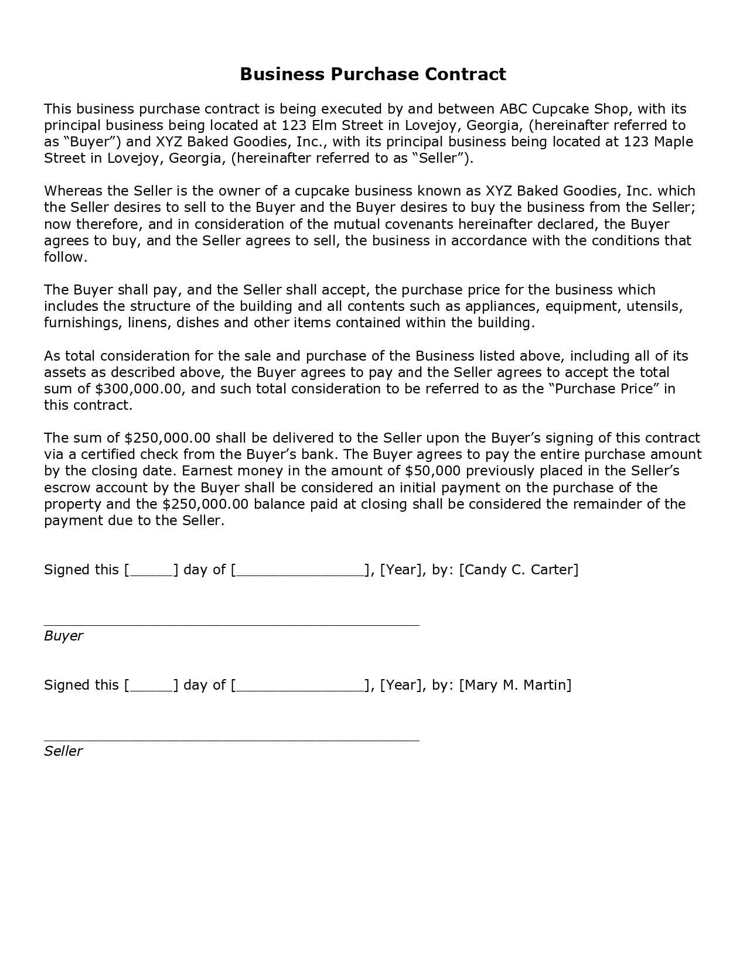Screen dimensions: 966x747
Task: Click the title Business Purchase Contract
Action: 373,74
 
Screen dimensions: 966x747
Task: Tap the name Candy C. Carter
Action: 519,570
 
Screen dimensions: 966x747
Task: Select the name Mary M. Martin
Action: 515,685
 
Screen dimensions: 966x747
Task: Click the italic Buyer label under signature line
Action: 63,636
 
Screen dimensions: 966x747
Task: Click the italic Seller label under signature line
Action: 63,751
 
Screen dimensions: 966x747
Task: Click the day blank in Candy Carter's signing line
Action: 151,570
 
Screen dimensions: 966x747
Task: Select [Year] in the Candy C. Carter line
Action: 401,570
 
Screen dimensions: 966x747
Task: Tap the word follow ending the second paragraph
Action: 64,257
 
